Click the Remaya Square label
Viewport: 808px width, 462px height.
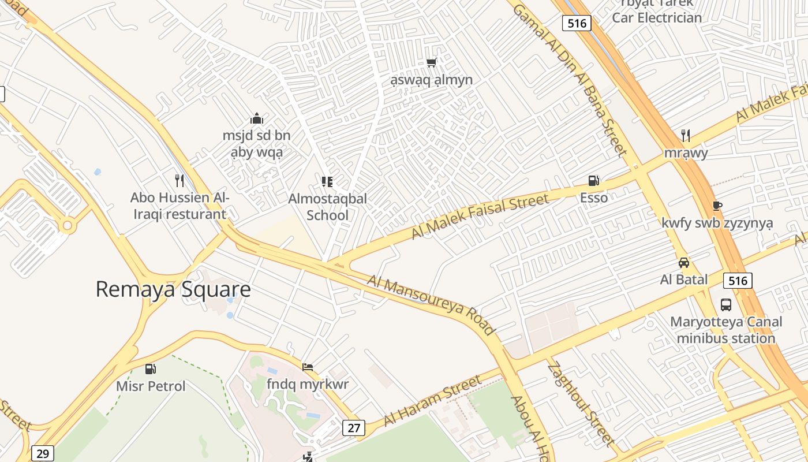[x=173, y=289]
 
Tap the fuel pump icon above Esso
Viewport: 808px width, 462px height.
[x=593, y=181]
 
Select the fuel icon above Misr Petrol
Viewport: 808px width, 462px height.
[x=151, y=368]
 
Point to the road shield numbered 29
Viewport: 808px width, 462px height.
[x=43, y=453]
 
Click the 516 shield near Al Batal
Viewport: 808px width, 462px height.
[x=738, y=281]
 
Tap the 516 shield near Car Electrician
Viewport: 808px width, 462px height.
[x=577, y=23]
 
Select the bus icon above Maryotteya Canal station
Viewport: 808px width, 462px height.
[x=726, y=304]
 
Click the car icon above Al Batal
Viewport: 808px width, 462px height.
[x=684, y=263]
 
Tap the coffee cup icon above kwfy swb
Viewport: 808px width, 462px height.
[x=717, y=206]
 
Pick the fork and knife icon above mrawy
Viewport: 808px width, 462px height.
[x=686, y=136]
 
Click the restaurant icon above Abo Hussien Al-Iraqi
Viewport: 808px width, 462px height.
[x=179, y=181]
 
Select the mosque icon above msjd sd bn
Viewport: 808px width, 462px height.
[x=257, y=119]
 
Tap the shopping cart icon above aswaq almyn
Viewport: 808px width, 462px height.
[x=431, y=62]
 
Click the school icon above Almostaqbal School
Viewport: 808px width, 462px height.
[x=327, y=182]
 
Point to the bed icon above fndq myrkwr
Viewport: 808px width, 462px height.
[x=308, y=367]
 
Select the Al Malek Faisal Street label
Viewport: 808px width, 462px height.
[x=480, y=217]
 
